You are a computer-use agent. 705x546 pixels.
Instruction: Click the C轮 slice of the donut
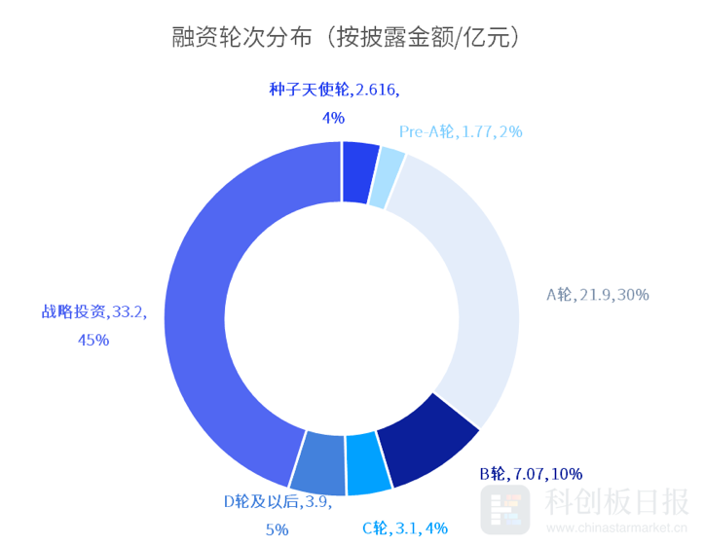[367, 458]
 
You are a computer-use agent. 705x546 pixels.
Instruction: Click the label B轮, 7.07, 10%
[531, 474]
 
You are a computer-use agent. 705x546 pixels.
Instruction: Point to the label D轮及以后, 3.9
[278, 502]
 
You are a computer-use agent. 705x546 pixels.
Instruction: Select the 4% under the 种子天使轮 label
[333, 118]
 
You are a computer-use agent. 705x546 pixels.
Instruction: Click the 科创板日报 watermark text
[616, 501]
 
